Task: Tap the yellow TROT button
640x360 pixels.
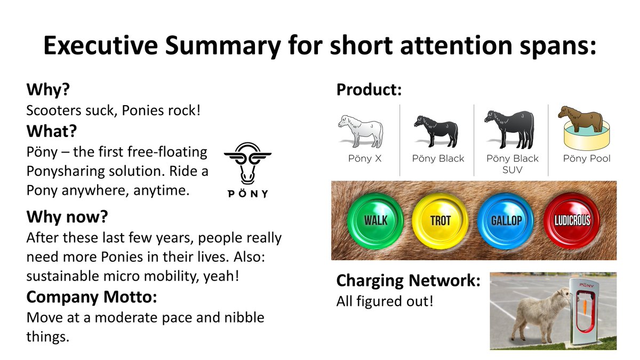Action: point(440,220)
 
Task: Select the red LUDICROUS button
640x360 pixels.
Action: point(572,220)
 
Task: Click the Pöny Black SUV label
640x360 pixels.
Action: point(513,164)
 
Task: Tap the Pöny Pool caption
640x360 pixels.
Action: point(587,158)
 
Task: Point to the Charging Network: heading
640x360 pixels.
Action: point(409,281)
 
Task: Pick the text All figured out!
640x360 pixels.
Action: point(385,301)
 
